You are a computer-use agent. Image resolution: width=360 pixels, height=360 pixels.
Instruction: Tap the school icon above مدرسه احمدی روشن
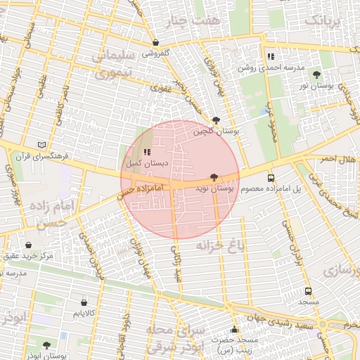point(270,56)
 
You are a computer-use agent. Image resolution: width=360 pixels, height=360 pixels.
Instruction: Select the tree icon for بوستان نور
point(316,75)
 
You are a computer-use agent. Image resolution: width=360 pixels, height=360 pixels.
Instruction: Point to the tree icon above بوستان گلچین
point(215,120)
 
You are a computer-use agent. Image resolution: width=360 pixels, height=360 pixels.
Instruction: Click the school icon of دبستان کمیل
point(147,153)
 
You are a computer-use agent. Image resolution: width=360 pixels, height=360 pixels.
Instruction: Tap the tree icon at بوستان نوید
point(214,178)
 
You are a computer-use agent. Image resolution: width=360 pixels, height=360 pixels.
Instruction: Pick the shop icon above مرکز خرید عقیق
point(27,245)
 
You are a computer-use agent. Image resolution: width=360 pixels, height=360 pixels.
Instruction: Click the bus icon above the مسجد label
point(308,291)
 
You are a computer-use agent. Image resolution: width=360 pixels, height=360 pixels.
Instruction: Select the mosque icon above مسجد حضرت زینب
point(234,330)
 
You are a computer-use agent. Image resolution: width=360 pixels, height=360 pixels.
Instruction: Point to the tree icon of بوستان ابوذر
point(46,345)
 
